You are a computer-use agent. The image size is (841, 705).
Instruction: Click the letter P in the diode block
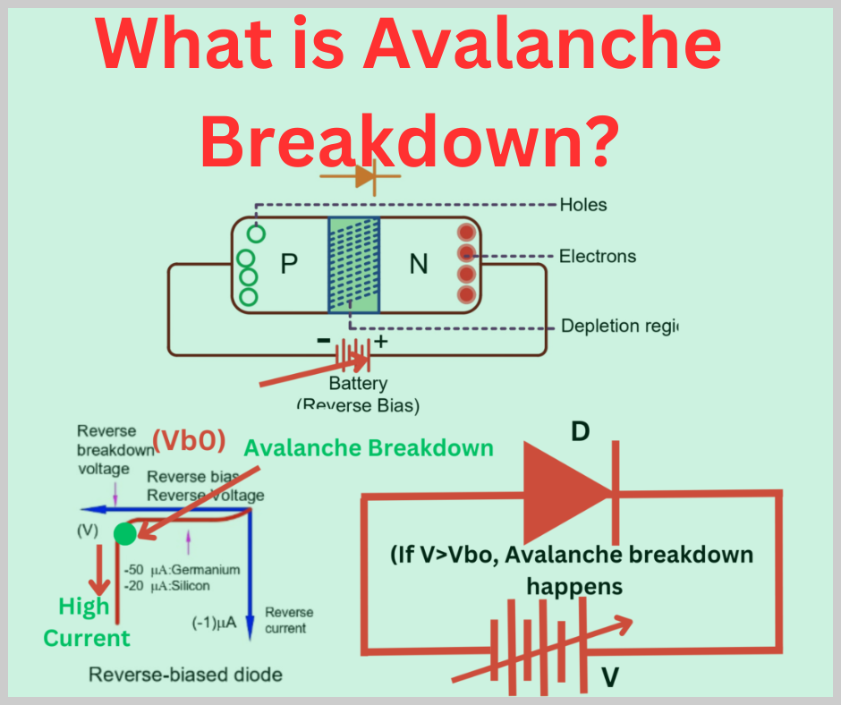click(x=288, y=264)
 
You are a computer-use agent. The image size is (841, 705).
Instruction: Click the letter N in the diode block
click(x=419, y=264)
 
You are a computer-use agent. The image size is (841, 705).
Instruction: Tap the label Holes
click(x=582, y=205)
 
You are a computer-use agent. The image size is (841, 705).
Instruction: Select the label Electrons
click(x=598, y=257)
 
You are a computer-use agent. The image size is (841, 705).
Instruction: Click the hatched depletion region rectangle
click(x=354, y=265)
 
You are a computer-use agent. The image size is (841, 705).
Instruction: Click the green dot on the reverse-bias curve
click(x=125, y=534)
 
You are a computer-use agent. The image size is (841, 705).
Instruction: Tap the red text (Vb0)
click(x=188, y=441)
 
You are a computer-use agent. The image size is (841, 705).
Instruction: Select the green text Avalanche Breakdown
click(x=369, y=448)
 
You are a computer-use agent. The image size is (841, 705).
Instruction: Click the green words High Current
click(x=86, y=623)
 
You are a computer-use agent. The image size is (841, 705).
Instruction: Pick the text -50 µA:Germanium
click(x=183, y=570)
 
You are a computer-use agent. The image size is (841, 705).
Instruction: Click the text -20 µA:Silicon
click(x=168, y=586)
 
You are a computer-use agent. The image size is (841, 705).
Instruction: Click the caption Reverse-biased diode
click(x=185, y=674)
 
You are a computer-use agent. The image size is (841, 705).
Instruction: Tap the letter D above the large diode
click(x=580, y=433)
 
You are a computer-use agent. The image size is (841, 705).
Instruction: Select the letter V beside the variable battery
click(x=609, y=677)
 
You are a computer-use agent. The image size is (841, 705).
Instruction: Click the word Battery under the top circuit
click(x=358, y=384)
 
